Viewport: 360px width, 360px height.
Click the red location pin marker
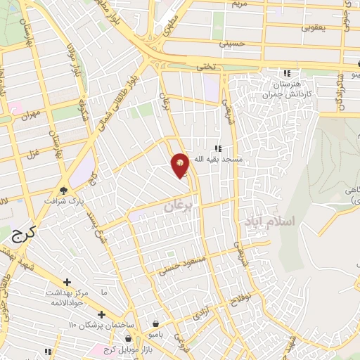[181, 165]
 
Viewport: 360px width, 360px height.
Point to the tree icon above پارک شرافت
[64, 190]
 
